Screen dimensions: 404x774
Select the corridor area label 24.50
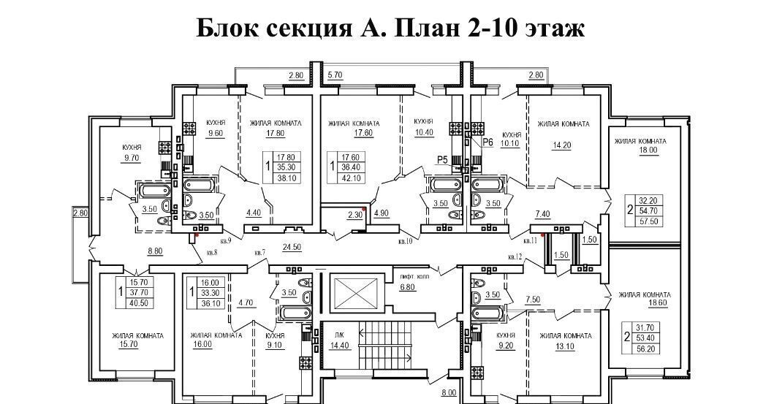tap(292, 247)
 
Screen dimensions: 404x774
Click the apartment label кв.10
tap(406, 240)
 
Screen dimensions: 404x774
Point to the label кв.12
tap(516, 256)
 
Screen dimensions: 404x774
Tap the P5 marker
tap(442, 159)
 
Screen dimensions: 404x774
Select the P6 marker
tap(489, 142)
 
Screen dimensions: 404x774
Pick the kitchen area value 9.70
tap(132, 158)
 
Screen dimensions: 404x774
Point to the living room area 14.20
tap(564, 145)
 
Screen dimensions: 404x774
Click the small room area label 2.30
tap(354, 214)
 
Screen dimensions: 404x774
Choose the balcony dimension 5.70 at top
tap(336, 75)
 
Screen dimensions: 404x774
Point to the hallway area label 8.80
tap(156, 251)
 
